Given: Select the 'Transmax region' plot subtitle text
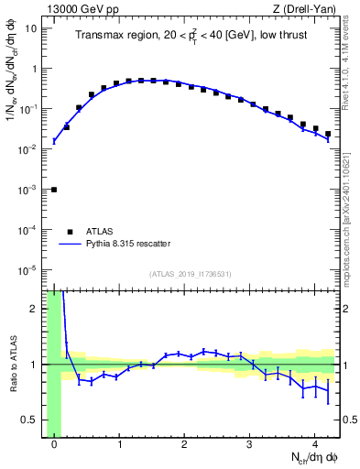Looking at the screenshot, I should pos(192,35).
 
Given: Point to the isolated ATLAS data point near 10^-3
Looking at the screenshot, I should pos(54,190).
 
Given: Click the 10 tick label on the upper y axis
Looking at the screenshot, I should pos(31,28).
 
